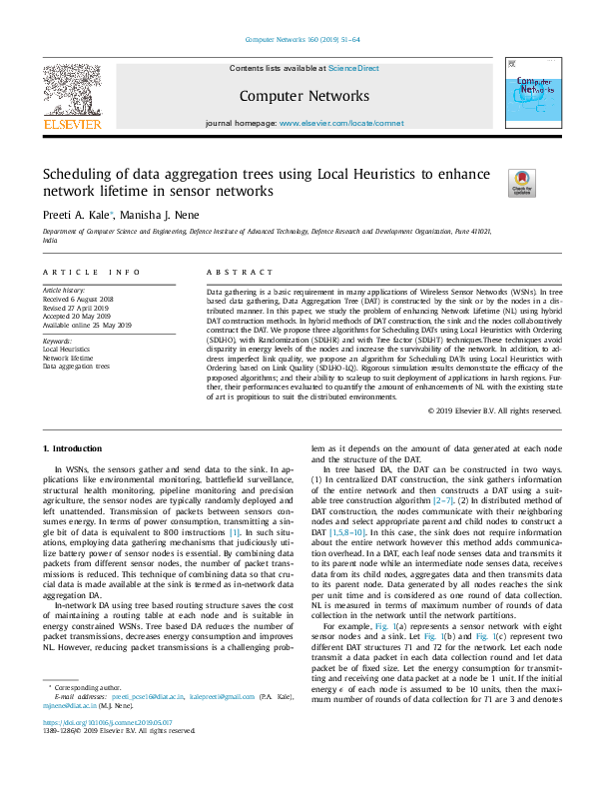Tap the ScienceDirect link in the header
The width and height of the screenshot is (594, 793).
(354, 68)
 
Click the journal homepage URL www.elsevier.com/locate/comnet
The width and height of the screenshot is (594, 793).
(341, 123)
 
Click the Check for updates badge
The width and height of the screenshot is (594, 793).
(521, 183)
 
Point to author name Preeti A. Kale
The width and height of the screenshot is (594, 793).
(77, 214)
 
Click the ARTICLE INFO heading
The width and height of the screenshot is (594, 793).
(91, 272)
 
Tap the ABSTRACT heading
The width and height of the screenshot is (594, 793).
(239, 272)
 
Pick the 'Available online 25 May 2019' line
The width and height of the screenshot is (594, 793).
(87, 325)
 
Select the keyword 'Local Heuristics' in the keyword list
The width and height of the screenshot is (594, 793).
(66, 350)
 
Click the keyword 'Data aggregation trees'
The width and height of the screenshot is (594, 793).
(76, 367)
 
